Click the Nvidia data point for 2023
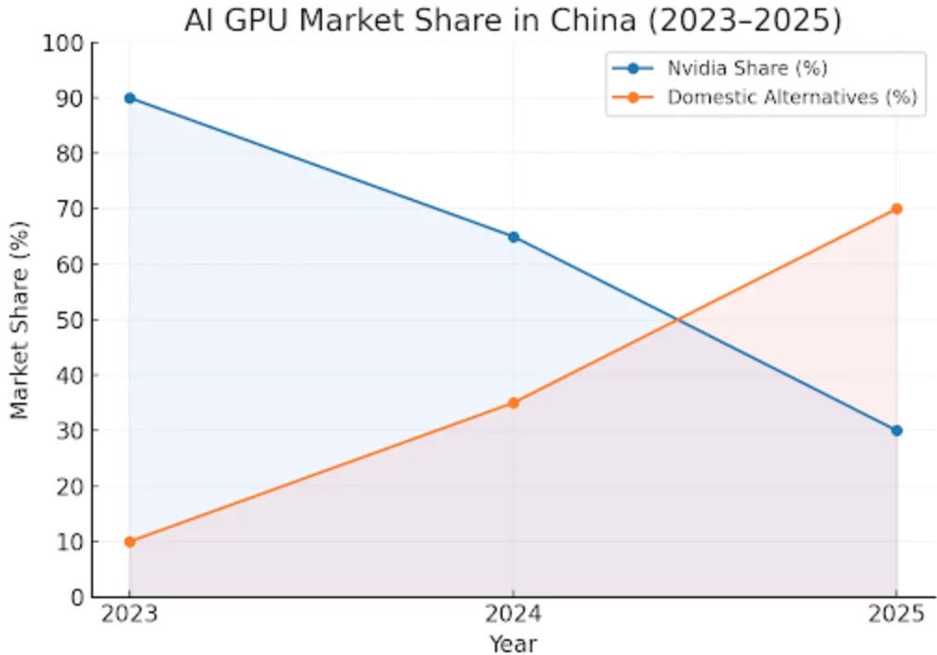129,98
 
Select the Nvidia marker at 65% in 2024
513,236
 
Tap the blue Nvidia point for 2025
896,430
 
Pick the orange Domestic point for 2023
129,541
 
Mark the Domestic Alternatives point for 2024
513,403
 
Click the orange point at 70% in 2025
896,208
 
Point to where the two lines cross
677,320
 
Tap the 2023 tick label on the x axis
129,615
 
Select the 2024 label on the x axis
513,615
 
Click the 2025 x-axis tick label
896,615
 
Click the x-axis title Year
513,642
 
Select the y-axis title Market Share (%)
20,320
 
